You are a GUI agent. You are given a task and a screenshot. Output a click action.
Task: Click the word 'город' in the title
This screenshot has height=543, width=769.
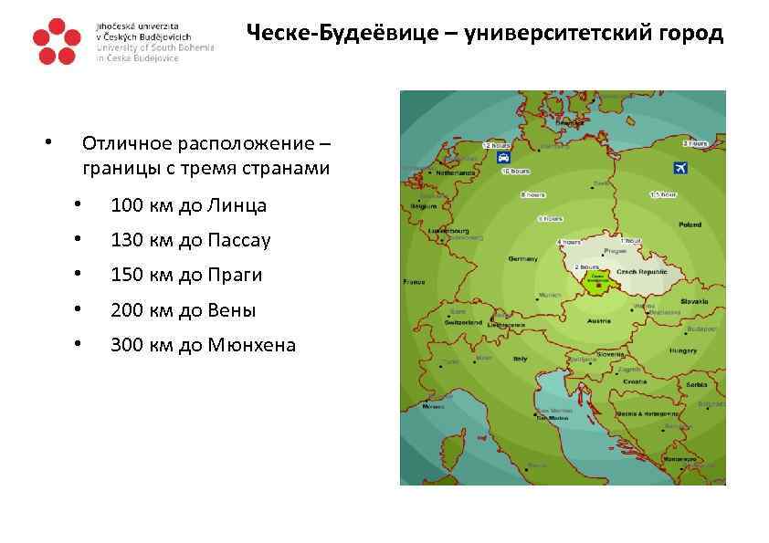click(691, 35)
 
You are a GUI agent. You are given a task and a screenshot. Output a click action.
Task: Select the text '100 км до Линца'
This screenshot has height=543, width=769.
click(188, 205)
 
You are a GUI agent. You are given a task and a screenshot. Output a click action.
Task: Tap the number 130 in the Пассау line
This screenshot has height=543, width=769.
click(127, 240)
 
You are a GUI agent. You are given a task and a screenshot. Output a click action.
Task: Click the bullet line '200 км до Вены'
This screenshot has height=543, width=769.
click(183, 310)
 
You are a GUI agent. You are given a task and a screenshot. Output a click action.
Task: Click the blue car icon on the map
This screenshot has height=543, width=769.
click(503, 157)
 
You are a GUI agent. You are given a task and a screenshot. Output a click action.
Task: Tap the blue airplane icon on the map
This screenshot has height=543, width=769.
click(679, 168)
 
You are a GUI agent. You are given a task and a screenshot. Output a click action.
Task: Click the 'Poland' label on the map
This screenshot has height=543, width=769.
click(689, 225)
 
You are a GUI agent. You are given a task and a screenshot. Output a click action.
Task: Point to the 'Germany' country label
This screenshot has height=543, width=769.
click(523, 259)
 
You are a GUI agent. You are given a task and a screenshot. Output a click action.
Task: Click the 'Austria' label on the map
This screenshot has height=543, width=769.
click(599, 321)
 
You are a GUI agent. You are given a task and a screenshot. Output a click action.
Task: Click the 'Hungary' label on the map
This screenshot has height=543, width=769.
click(683, 350)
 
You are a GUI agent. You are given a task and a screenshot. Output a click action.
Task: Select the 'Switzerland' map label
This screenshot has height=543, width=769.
click(463, 323)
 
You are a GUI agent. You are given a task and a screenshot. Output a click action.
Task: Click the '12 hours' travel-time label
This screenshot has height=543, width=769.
click(498, 145)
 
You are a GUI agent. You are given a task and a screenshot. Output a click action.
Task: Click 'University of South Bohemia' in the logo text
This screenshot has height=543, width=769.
click(155, 47)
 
